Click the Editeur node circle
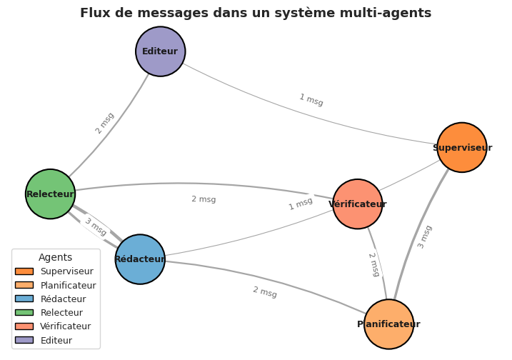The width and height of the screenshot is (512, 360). point(161,51)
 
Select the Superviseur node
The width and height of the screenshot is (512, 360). point(462,148)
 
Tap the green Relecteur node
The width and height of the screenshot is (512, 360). point(50,194)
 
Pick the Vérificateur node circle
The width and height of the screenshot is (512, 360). point(358,204)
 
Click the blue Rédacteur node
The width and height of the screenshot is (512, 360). point(140,259)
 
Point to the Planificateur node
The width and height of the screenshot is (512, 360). point(388,324)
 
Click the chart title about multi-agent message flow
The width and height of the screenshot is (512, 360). point(256,13)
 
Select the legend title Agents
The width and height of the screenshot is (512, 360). point(56,257)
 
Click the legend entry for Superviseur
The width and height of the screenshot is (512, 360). point(66,271)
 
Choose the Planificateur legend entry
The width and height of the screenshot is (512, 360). point(68,285)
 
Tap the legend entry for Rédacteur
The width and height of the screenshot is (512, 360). point(63,299)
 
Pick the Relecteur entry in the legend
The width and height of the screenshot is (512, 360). point(61,313)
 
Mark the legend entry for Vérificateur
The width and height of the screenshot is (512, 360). point(65,326)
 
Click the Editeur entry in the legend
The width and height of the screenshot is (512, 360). point(56,340)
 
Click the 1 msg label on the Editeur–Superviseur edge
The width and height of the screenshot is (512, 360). point(311,100)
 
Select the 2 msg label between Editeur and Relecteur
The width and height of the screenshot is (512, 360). point(105,123)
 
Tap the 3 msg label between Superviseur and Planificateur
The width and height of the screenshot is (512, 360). point(425,236)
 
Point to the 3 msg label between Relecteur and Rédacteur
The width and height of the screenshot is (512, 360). point(96,227)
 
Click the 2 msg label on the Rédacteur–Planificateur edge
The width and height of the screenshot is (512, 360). point(265,292)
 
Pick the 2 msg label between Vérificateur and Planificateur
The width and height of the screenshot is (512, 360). point(374,264)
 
